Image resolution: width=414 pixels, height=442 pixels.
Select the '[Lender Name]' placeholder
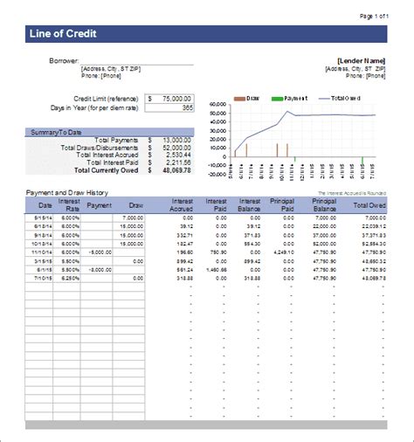coord(360,60)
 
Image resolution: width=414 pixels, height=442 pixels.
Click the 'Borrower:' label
coord(66,60)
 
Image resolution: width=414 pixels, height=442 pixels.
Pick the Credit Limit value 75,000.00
coord(174,98)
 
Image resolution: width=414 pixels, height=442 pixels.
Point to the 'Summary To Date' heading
coord(56,132)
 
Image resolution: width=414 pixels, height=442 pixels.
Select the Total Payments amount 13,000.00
coord(175,140)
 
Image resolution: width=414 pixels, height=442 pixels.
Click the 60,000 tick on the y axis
coord(218,105)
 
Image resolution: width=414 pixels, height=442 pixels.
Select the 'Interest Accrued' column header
coord(183,206)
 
